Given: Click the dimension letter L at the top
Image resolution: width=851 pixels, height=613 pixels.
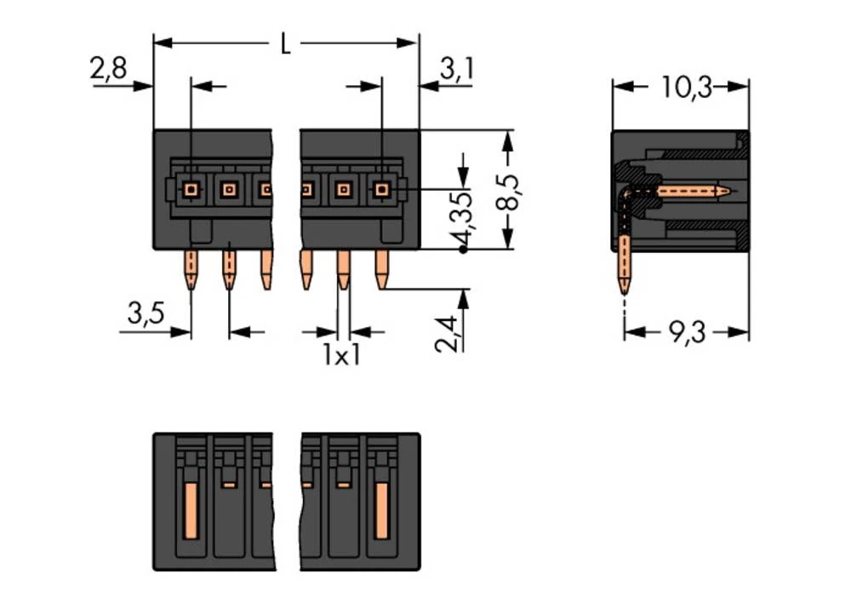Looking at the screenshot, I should pyautogui.click(x=285, y=43).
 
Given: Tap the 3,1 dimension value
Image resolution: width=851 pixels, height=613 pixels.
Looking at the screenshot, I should pyautogui.click(x=456, y=70).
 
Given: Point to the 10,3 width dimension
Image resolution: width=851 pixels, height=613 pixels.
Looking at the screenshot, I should pyautogui.click(x=687, y=88).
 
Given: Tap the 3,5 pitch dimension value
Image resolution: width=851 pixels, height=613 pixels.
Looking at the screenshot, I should pyautogui.click(x=146, y=316).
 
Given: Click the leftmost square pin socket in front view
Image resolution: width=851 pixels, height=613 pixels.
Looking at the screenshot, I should pyautogui.click(x=191, y=189).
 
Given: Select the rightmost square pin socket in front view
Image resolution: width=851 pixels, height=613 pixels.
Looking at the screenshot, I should pyautogui.click(x=381, y=189).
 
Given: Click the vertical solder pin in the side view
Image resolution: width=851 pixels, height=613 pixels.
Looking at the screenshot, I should pyautogui.click(x=625, y=264).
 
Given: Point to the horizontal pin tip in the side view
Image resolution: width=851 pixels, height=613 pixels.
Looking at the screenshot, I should pyautogui.click(x=723, y=191).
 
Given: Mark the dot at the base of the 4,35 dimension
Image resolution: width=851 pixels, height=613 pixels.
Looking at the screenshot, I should pyautogui.click(x=463, y=249).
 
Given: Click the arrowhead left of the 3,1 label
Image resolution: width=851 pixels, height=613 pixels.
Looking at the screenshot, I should pyautogui.click(x=426, y=86).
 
